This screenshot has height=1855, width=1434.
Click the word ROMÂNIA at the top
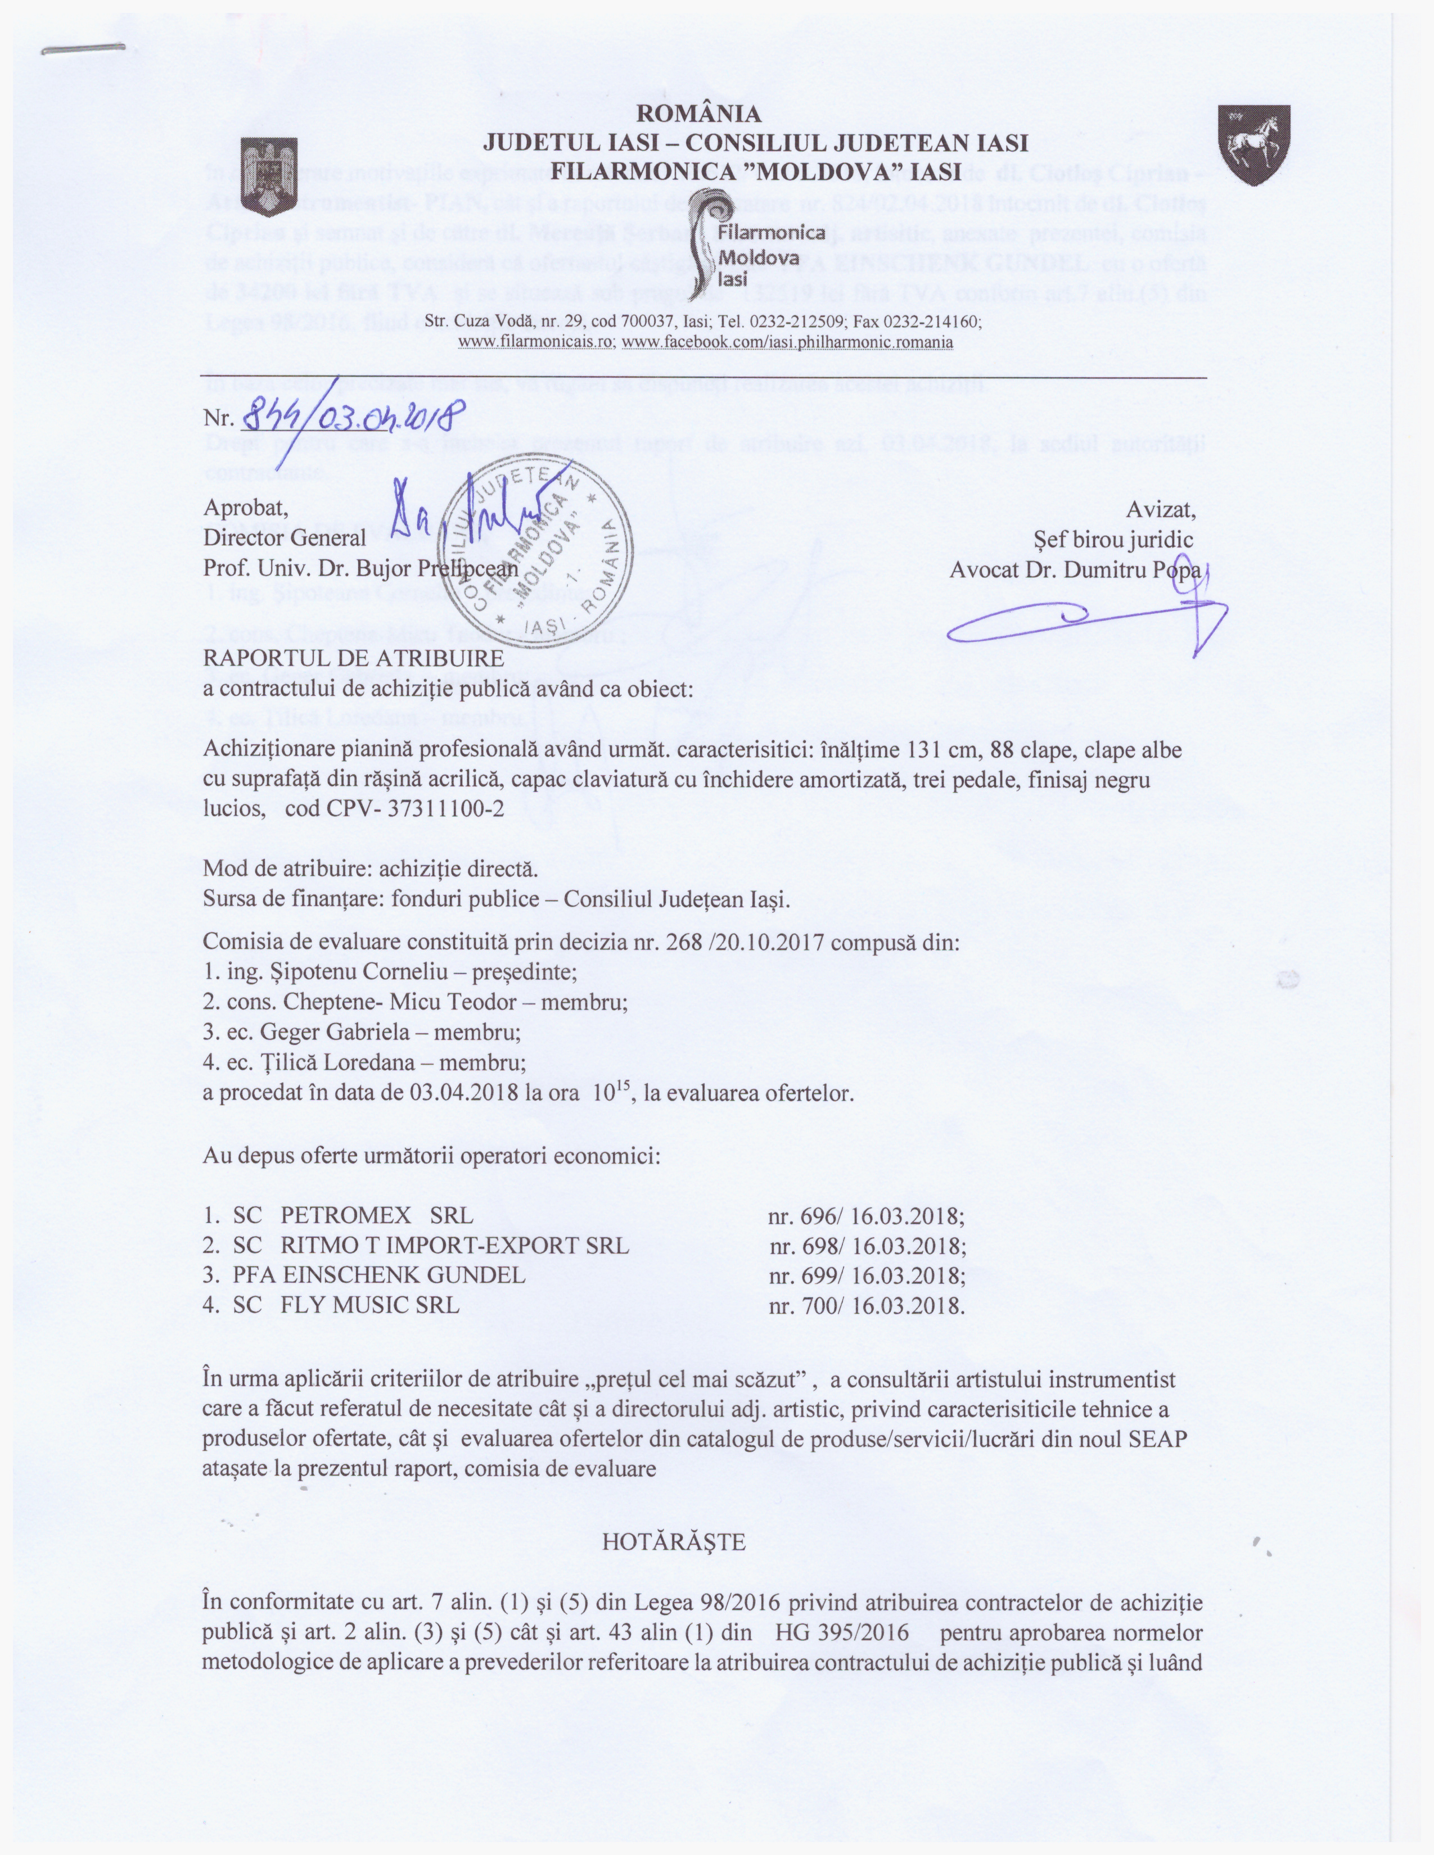click(x=699, y=113)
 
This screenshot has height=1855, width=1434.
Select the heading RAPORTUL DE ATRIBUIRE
click(x=353, y=658)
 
